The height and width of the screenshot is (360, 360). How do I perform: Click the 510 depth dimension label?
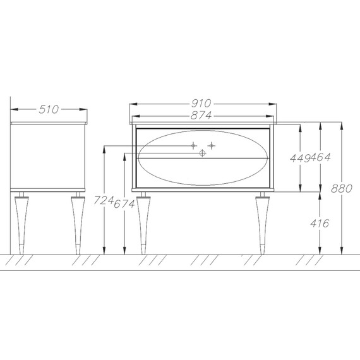[49, 109]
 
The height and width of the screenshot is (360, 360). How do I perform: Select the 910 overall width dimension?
[201, 104]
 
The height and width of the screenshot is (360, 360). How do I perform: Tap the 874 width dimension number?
[201, 116]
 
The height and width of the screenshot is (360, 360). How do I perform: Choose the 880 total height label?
[342, 189]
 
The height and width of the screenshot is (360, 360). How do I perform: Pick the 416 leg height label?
[320, 223]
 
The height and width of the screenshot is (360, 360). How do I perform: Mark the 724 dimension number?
[104, 200]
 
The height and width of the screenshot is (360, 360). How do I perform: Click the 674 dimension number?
[124, 204]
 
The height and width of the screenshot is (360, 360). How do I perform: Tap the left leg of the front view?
[143, 223]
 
